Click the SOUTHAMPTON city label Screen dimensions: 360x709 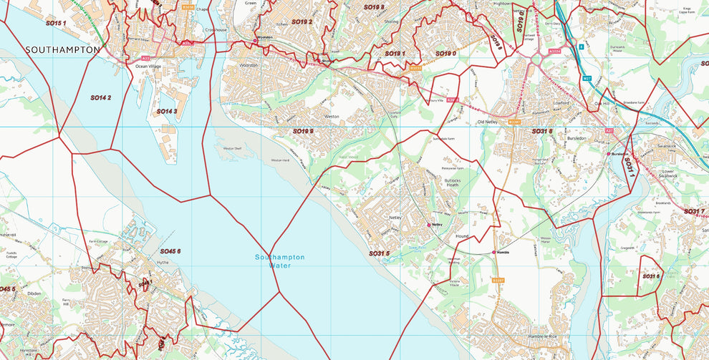[x=62, y=50]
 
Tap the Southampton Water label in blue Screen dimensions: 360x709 [x=280, y=261]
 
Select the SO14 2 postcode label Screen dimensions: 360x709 [x=100, y=97]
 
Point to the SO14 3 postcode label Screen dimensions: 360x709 [x=166, y=112]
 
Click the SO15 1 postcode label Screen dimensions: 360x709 [x=56, y=24]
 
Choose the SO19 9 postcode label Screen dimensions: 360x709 [x=303, y=132]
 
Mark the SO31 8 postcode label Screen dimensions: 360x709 [x=542, y=132]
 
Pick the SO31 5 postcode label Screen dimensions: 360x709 [x=379, y=253]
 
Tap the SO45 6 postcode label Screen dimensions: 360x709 [x=170, y=251]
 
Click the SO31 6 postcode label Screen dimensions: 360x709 [x=650, y=276]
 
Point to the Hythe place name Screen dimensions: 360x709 [x=162, y=263]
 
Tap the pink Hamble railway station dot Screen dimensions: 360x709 [x=494, y=252]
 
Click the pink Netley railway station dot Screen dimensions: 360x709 [x=430, y=224]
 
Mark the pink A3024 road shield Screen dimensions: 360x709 [x=554, y=52]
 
